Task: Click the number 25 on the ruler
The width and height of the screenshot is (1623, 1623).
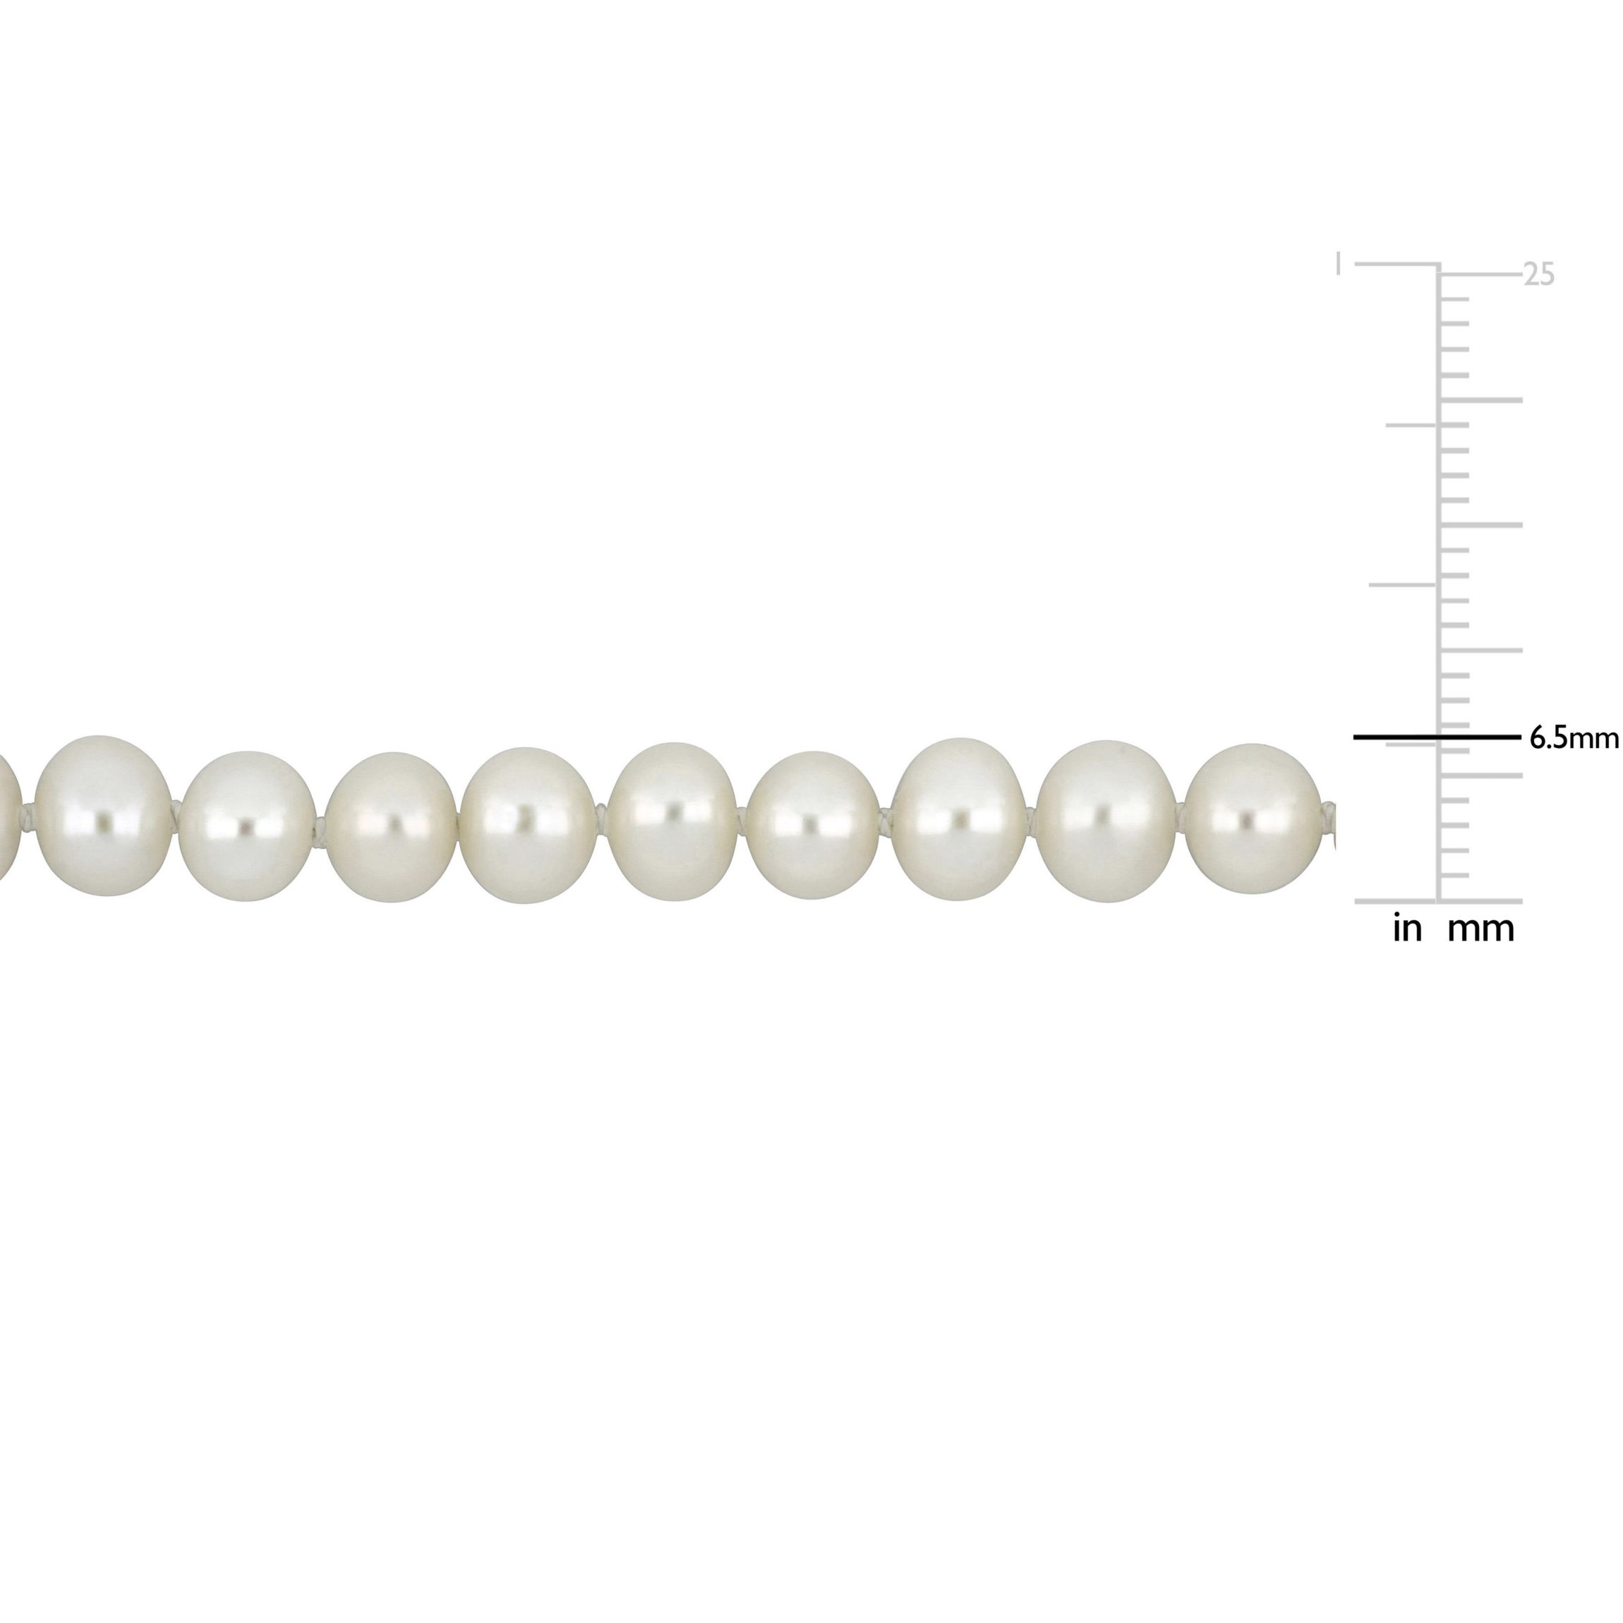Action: click(1539, 275)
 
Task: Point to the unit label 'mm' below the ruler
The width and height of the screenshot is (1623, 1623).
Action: click(1481, 931)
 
